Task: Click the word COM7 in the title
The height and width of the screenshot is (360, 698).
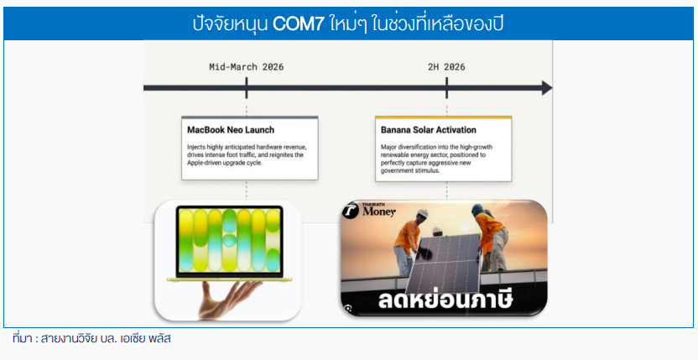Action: pos(298,24)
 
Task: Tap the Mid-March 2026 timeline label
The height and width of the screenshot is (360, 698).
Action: pos(246,67)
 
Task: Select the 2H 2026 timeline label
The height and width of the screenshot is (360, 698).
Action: pos(446,67)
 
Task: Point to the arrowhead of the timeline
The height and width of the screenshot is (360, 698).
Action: pos(547,88)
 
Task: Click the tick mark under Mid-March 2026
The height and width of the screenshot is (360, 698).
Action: pos(246,88)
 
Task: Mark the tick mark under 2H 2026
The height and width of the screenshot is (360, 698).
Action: pos(446,88)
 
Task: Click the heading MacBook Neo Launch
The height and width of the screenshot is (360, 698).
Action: pos(231,130)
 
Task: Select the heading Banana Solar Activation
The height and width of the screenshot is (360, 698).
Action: pos(428,130)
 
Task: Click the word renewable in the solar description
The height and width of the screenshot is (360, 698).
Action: pos(395,154)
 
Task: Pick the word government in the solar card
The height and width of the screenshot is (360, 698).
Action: pos(397,171)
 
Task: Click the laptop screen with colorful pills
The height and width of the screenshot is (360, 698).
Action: pos(229,241)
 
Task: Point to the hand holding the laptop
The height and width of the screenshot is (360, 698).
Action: pos(227,299)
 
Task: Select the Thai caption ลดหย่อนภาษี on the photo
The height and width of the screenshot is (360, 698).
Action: pos(445,300)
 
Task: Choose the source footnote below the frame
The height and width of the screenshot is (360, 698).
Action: pos(91,339)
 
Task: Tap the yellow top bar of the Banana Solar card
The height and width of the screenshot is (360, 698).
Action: pos(443,117)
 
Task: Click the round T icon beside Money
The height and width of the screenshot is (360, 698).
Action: pos(351,211)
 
